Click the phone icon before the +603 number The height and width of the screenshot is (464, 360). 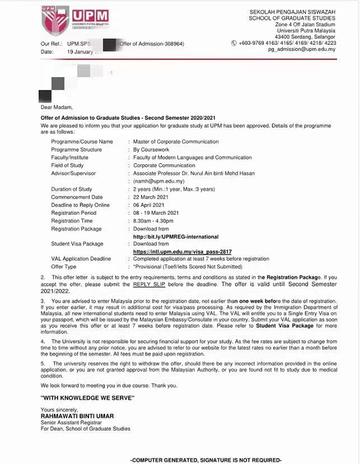pos(234,43)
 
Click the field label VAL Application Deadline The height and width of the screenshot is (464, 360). pos(81,258)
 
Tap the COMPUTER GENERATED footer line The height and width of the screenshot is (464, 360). pos(205,459)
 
